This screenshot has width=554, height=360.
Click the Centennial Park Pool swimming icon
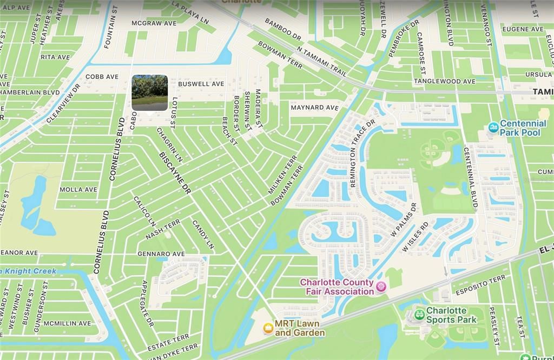[x=493, y=128]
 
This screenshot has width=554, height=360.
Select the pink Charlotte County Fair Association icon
[x=380, y=286]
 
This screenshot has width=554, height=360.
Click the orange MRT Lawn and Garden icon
[x=267, y=328]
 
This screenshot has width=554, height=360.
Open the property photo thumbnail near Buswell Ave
[x=149, y=93]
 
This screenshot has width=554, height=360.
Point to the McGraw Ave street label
[x=154, y=23]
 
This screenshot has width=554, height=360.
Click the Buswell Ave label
[x=201, y=84]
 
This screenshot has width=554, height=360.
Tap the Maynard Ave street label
[x=314, y=108]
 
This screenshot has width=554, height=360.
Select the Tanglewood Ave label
[x=445, y=81]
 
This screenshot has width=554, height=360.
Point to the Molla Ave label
[x=78, y=189]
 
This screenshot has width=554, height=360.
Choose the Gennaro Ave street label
[x=161, y=254]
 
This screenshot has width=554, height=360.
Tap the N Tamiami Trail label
[x=321, y=61]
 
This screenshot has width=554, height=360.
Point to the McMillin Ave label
[x=68, y=323]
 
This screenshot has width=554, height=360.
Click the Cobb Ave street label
[x=102, y=77]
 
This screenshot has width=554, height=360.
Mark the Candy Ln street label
[x=203, y=235]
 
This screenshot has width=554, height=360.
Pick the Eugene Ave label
[x=523, y=29]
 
